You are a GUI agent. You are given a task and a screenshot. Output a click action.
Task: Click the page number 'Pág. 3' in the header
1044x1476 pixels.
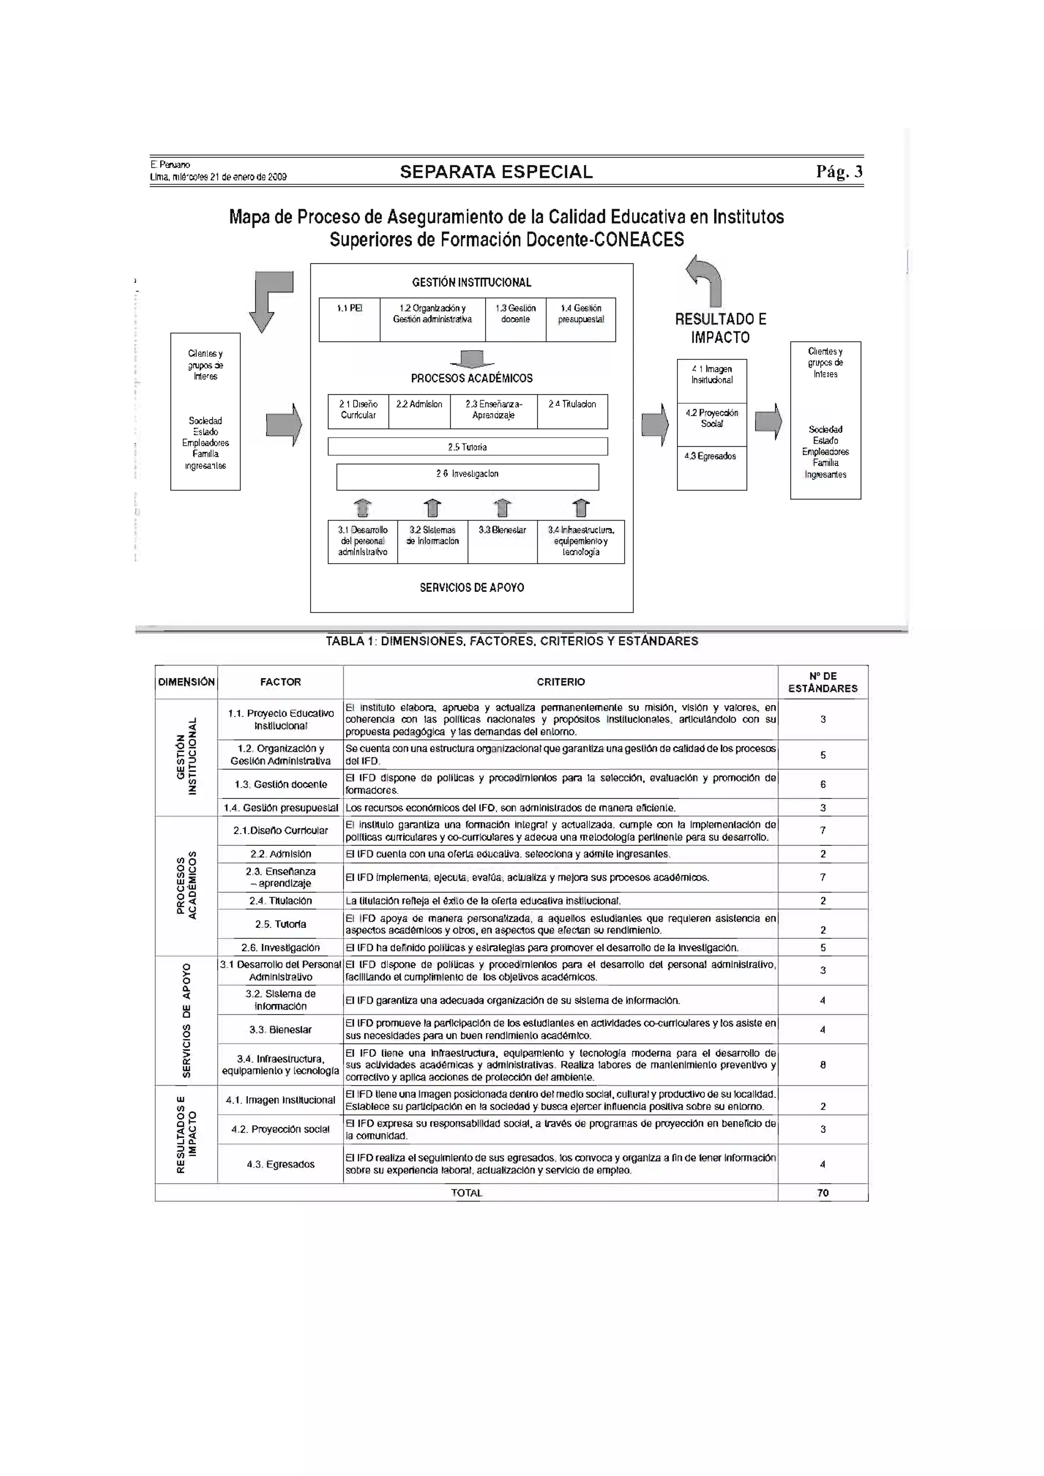pos(839,172)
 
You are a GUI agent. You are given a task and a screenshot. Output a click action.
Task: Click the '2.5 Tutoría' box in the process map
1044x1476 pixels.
pos(467,447)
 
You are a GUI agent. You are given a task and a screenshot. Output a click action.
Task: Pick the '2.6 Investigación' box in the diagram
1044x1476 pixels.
pos(467,476)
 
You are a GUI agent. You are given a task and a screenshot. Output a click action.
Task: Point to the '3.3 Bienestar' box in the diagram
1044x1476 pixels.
pos(502,541)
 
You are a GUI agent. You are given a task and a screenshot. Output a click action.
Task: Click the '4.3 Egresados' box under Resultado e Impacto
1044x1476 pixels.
pos(711,468)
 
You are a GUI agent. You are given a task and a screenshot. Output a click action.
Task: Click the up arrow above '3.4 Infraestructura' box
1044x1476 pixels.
pos(581,508)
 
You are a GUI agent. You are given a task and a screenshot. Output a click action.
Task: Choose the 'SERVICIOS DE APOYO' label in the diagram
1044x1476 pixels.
pos(472,587)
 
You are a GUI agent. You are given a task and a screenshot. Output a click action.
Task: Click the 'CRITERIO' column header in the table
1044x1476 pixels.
pos(561,682)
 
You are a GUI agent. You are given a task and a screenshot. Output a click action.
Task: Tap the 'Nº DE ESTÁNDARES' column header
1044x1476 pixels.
pos(823,682)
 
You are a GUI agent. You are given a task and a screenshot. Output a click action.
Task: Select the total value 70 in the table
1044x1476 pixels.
pos(823,1193)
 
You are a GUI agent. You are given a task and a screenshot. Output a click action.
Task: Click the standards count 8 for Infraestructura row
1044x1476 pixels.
pos(823,1065)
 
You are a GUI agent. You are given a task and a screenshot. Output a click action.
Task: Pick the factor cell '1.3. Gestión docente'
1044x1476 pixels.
pos(280,784)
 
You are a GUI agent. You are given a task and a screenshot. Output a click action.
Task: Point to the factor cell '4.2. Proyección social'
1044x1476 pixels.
pos(280,1129)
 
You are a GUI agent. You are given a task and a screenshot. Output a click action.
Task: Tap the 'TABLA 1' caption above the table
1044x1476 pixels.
pos(512,641)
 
